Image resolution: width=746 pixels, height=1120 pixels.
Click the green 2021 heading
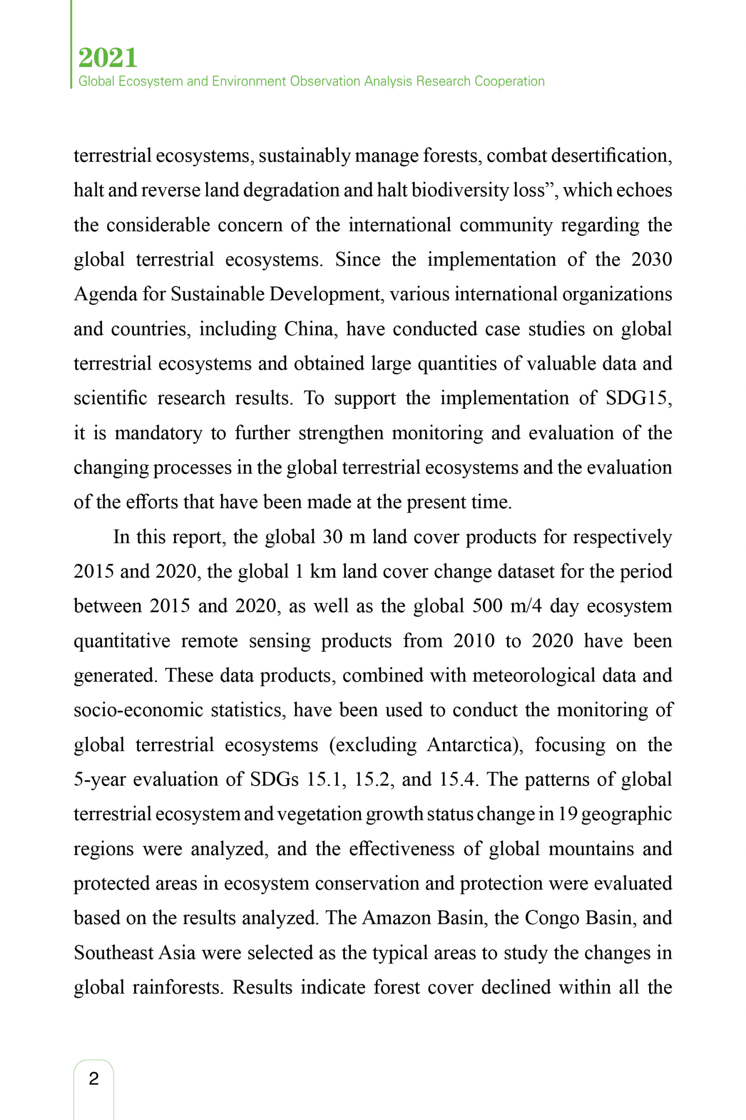[x=108, y=58]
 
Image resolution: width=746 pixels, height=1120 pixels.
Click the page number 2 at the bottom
[x=94, y=1079]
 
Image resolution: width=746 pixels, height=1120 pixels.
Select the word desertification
[x=611, y=156]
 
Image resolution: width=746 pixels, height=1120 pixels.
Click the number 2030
[x=651, y=260]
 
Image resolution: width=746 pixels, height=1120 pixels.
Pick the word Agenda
[x=105, y=294]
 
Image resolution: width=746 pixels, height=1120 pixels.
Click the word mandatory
[x=158, y=433]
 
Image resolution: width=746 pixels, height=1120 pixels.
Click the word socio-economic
[x=138, y=710]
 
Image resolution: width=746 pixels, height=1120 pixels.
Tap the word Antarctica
[x=473, y=745]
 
